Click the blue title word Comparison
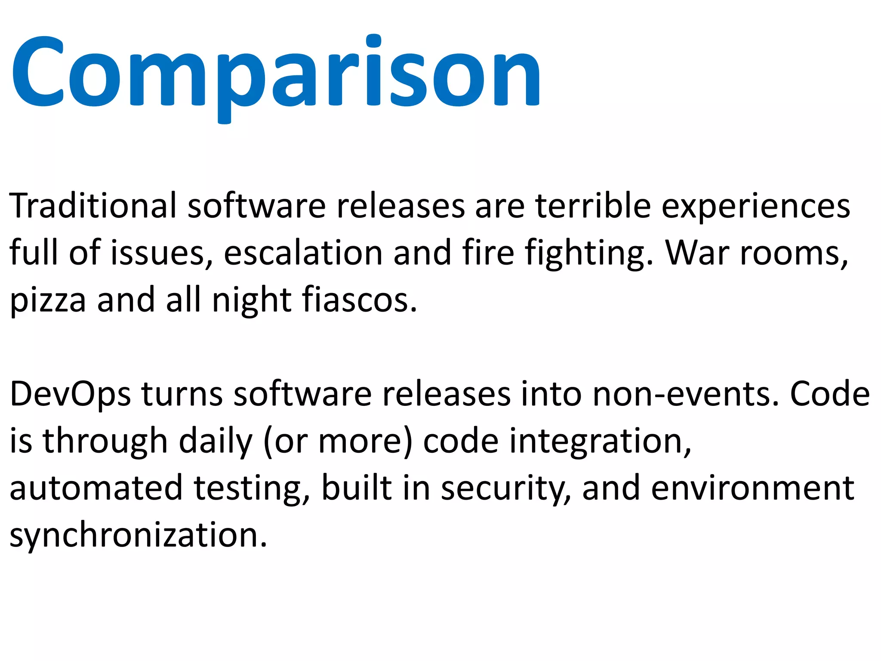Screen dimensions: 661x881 (275, 73)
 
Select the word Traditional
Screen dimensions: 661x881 (93, 206)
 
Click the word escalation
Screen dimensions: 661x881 (303, 253)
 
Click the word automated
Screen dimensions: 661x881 (96, 488)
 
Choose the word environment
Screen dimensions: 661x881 (752, 488)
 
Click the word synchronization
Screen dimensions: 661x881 (138, 536)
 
